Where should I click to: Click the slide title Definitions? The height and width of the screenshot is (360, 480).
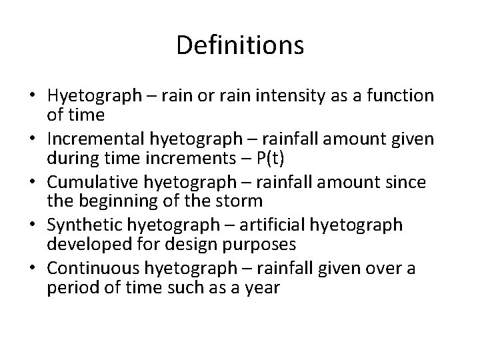[240, 45]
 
